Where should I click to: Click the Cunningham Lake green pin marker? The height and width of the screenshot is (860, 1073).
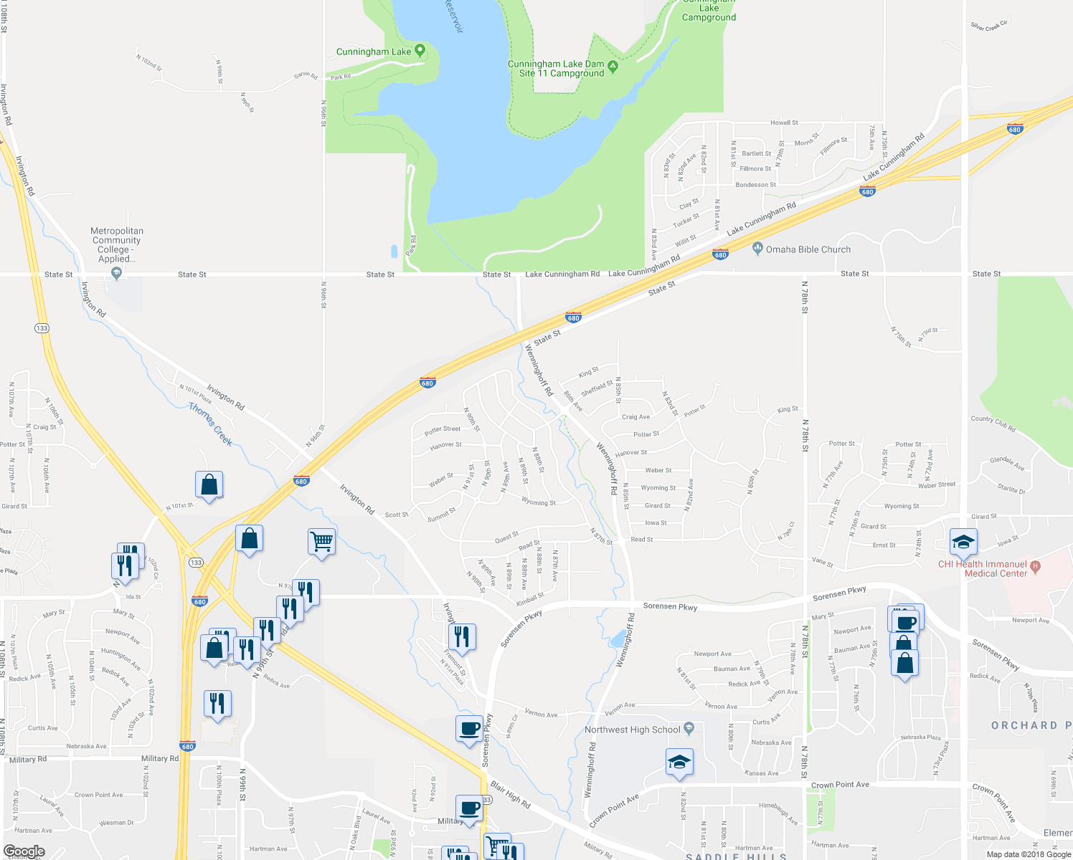coord(420,50)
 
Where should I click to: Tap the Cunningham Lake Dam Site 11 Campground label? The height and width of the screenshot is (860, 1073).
coord(556,69)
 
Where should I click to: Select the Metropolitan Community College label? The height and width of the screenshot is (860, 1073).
coord(117,245)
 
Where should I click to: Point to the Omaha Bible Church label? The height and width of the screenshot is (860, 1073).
coord(808,249)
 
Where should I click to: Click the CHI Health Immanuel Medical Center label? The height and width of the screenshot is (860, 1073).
coord(982,569)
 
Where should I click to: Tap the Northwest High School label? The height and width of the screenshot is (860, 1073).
coord(632,730)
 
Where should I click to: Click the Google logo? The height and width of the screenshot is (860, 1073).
coord(24,851)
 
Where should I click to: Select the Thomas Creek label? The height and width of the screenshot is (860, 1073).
coord(210,424)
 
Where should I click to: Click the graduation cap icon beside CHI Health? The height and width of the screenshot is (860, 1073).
coord(963,543)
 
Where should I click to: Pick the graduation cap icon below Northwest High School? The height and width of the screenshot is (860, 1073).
coord(679,763)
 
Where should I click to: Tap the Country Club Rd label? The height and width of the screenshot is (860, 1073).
coord(993,424)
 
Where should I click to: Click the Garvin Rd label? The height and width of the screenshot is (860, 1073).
coord(306,75)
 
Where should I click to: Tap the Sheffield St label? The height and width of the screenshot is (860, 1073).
coord(597,388)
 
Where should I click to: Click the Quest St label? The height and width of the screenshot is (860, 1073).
coord(506,536)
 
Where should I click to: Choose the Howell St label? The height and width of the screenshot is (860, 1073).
coord(784,123)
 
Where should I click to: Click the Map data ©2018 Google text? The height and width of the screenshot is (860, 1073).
coord(1028,854)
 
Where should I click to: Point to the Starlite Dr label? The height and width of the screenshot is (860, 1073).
coord(1011,489)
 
